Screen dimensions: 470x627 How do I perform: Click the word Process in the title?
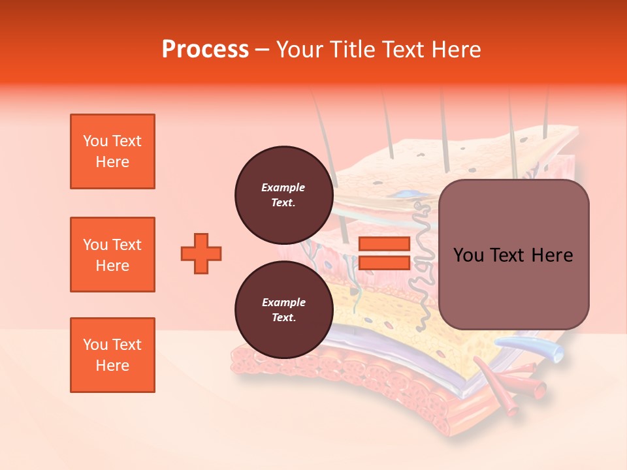click(x=205, y=50)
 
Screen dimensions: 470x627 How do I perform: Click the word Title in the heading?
click(x=350, y=50)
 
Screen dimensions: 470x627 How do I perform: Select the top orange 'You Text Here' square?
click(x=112, y=151)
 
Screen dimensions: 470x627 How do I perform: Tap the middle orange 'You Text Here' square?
click(x=112, y=255)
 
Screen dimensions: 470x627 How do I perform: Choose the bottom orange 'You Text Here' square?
click(x=112, y=355)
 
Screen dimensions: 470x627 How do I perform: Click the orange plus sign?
click(x=201, y=253)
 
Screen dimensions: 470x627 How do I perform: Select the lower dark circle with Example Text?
click(x=283, y=309)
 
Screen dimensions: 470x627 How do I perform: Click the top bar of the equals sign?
click(x=384, y=243)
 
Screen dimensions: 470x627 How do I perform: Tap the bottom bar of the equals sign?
click(x=384, y=263)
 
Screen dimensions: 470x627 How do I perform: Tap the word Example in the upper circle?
click(x=283, y=187)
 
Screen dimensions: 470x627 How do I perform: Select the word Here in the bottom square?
click(x=112, y=366)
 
